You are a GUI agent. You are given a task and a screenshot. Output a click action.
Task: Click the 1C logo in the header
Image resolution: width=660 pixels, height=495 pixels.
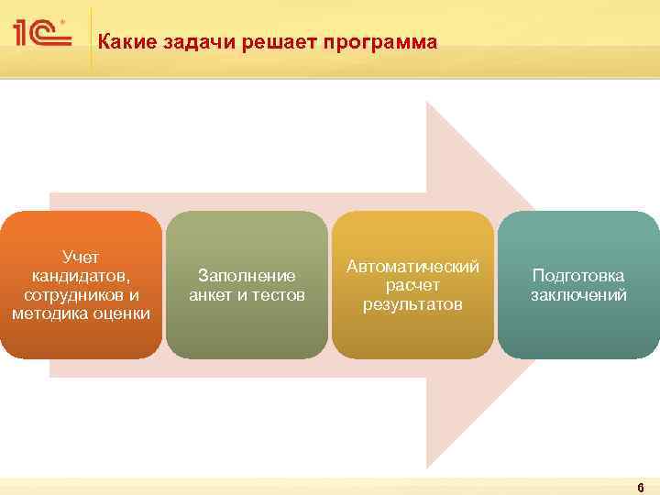[42, 33]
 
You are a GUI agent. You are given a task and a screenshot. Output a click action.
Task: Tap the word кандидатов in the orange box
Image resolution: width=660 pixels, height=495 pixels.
[81, 276]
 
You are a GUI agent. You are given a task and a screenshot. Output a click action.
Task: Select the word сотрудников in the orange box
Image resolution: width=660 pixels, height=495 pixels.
[70, 295]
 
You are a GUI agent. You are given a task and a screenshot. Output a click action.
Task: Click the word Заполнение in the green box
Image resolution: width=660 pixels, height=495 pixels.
[247, 276]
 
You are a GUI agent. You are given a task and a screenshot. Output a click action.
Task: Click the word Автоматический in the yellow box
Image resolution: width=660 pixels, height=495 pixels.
[412, 266]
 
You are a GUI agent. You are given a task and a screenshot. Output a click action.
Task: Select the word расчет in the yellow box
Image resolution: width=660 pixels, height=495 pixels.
[412, 285]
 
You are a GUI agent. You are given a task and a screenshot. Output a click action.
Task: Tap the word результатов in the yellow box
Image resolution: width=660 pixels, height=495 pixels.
[412, 304]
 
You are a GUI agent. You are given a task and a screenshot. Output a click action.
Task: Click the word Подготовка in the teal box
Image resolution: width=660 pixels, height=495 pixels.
[578, 276]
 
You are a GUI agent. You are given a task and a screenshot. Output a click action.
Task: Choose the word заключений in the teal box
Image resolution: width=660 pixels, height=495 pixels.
[578, 295]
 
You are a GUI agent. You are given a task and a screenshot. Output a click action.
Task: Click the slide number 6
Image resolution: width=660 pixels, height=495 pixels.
[641, 487]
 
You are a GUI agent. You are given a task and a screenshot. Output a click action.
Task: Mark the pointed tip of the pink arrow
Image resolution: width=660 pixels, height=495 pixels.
[539, 285]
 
